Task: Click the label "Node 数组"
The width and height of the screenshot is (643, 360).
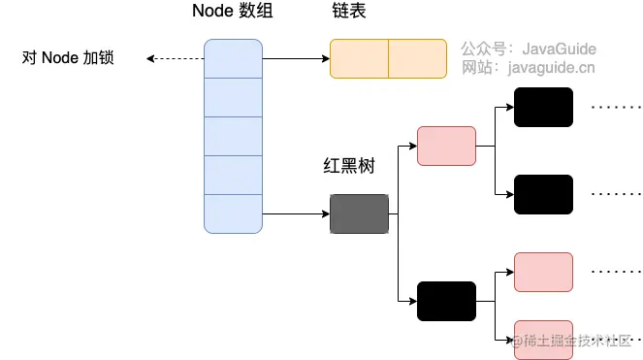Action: pos(234,13)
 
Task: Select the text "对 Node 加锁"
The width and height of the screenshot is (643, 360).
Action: pos(68,58)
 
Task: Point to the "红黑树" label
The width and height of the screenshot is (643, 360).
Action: pos(348,166)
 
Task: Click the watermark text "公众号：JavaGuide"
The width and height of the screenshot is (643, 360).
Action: pos(529,49)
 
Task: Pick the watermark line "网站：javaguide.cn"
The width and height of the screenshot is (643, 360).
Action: pos(528,68)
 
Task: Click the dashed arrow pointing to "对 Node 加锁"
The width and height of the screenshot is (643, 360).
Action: pos(175,58)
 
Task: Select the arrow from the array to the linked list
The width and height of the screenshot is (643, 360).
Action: pos(296,58)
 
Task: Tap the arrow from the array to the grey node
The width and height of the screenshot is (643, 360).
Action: pos(296,213)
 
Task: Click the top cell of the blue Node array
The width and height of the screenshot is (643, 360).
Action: pos(234,58)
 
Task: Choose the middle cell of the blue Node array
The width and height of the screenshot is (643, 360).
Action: pos(234,136)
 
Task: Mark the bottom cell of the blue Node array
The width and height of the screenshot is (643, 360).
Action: pos(234,213)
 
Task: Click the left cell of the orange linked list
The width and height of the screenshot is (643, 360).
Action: pos(359,58)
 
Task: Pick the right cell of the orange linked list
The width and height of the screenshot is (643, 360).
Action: pos(418,58)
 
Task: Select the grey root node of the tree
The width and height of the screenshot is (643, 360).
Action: pos(359,213)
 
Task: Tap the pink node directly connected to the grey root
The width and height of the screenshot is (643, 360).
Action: pos(446,146)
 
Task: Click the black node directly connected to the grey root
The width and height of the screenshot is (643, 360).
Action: pos(446,301)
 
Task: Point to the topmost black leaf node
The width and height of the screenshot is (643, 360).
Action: pos(543,107)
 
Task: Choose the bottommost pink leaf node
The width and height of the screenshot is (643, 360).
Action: pos(543,338)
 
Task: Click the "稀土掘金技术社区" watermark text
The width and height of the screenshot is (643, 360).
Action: pos(577,341)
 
